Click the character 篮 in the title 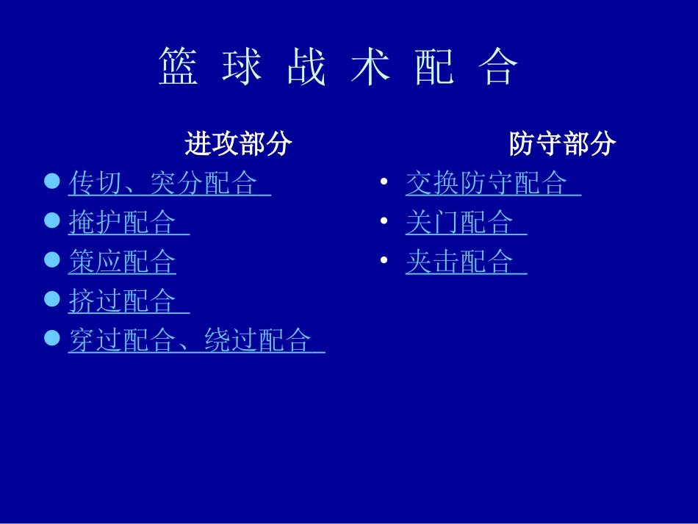[x=179, y=68]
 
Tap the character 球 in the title [x=242, y=68]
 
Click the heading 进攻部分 [x=239, y=144]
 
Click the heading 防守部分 [x=563, y=144]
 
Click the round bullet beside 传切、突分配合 [x=51, y=180]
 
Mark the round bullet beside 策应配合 [x=51, y=259]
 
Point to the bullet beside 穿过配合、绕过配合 [x=51, y=337]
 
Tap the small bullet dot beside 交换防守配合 [x=384, y=182]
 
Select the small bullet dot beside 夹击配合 [x=384, y=260]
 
